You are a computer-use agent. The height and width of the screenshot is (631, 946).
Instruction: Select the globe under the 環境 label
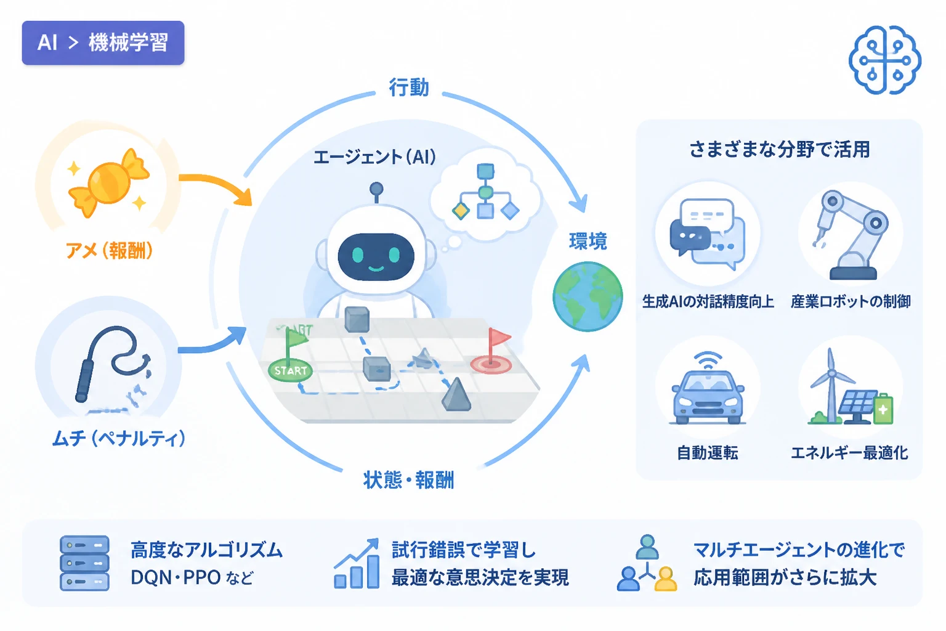coord(588,296)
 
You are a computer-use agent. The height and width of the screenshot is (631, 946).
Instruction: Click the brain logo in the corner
coord(885,60)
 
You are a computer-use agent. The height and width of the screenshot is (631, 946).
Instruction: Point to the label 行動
coord(409,87)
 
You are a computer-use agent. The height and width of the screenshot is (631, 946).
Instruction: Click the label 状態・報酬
coord(409,480)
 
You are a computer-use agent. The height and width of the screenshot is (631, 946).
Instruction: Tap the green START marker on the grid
coord(291,371)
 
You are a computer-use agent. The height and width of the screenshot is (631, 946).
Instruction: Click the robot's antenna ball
coord(376,189)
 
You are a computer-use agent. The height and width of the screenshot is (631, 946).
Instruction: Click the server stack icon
coord(84,563)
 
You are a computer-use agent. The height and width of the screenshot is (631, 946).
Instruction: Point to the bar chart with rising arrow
coord(357,563)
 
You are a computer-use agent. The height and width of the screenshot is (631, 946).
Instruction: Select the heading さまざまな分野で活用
coord(780,150)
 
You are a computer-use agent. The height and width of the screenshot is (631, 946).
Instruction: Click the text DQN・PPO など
coord(192,577)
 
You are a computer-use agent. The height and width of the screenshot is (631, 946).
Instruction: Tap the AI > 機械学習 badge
coord(103,43)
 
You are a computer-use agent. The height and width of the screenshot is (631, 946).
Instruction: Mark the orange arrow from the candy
coord(220,182)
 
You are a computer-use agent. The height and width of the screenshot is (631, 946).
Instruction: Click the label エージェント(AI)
coord(374,157)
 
